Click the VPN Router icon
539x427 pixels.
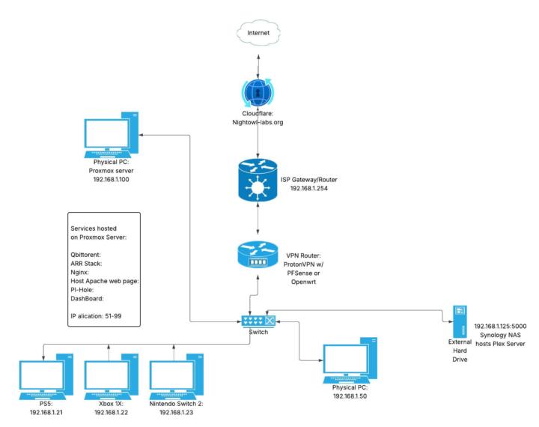[258, 253]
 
